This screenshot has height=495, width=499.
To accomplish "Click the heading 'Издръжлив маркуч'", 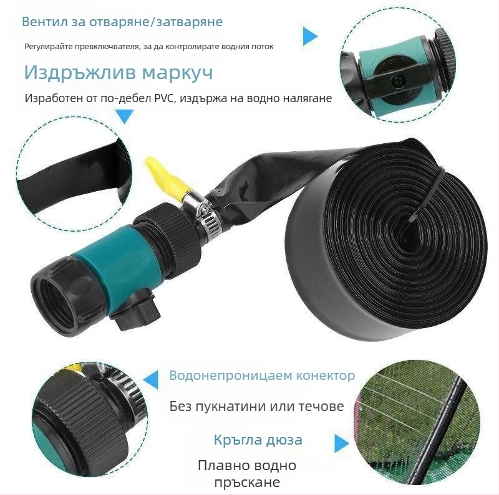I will [x=119, y=73].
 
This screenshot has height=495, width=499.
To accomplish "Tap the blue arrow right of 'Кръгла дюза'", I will [x=341, y=443].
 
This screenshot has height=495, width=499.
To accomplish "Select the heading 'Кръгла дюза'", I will [x=258, y=440].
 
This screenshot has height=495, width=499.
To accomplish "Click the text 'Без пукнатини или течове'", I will [x=256, y=407].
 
